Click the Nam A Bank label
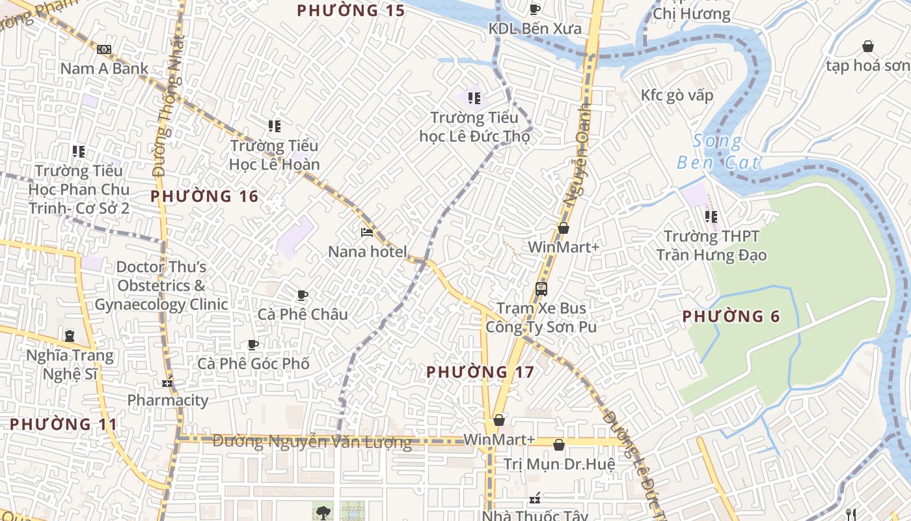click(104, 68)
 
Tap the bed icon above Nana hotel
click(367, 232)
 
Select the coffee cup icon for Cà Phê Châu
click(303, 295)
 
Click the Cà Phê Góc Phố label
click(253, 363)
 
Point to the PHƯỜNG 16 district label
click(204, 196)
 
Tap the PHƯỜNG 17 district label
click(480, 372)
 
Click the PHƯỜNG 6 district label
click(731, 317)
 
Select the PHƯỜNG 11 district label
click(64, 424)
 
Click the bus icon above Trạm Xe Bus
click(541, 289)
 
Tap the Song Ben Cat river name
click(718, 151)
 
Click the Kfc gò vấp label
click(677, 95)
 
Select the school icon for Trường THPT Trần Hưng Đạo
click(711, 216)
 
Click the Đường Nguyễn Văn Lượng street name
click(312, 442)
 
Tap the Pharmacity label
click(168, 400)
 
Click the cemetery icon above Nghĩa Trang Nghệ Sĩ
click(70, 336)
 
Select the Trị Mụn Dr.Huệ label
click(559, 464)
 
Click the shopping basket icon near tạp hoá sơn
click(867, 46)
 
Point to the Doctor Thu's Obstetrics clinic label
click(161, 285)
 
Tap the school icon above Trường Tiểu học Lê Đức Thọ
click(474, 98)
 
